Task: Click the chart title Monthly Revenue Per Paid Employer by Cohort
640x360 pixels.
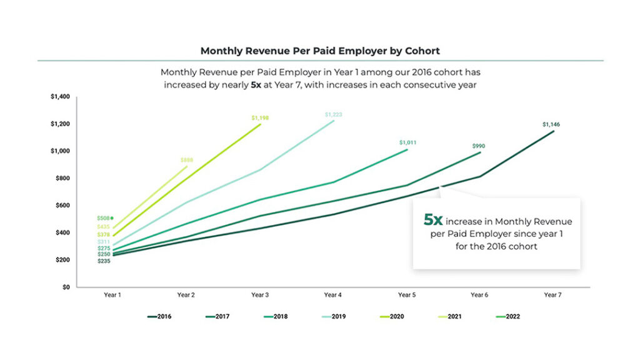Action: click(319, 50)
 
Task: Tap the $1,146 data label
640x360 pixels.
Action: click(551, 124)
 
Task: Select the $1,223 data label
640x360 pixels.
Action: click(334, 114)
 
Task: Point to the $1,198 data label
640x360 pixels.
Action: click(260, 117)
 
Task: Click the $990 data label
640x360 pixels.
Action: click(479, 146)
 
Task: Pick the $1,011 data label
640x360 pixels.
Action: click(407, 142)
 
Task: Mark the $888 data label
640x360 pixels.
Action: click(187, 160)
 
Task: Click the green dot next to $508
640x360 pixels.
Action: click(112, 218)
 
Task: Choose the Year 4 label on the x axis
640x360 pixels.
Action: click(332, 294)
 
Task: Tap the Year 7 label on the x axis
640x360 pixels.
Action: click(552, 294)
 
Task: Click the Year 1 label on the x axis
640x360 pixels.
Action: click(112, 294)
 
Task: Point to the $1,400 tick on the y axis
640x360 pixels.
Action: click(60, 97)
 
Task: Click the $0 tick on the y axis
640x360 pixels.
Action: click(66, 287)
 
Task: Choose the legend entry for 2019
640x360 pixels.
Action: click(334, 316)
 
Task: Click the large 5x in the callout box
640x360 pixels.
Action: click(433, 220)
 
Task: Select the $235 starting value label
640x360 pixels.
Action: click(104, 261)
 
